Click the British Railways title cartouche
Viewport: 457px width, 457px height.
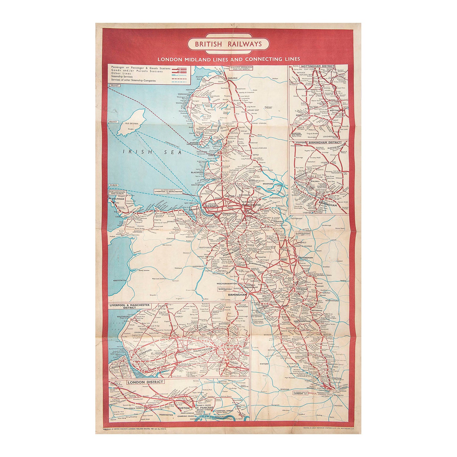tap(228, 44)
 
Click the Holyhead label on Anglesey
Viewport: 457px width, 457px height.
tap(118, 199)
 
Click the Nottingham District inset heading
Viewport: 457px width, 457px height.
tap(317, 66)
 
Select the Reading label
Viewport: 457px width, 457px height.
tap(285, 389)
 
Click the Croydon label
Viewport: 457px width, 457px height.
tap(338, 406)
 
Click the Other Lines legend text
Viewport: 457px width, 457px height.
tap(121, 74)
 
